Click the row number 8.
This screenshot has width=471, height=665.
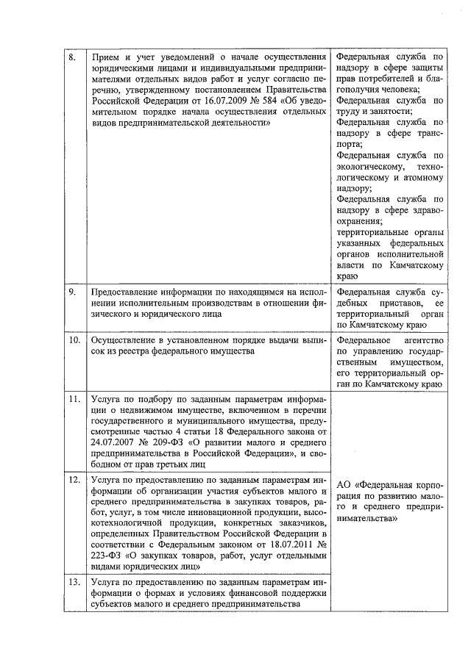pos(71,57)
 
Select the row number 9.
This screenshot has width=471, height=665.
pos(71,292)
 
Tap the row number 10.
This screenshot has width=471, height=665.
pos(74,341)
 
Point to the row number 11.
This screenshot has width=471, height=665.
pos(74,400)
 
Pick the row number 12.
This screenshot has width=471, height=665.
pos(74,480)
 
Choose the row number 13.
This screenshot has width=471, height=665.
pos(74,581)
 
